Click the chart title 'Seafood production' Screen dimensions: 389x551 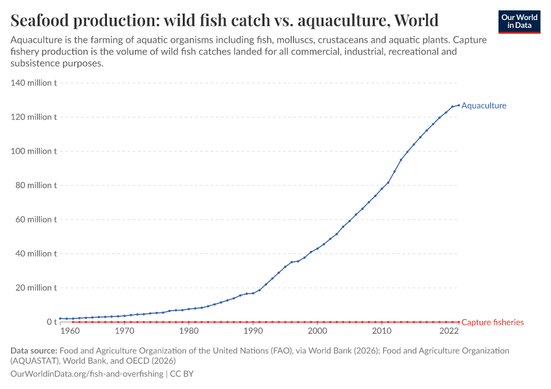[224, 20]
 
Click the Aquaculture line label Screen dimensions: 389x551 [484, 106]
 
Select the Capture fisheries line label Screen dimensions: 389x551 [492, 322]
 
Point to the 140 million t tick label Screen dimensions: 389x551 [34, 83]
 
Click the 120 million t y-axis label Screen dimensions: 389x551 [34, 117]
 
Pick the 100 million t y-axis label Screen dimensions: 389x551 [34, 151]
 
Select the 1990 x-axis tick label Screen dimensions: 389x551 [253, 332]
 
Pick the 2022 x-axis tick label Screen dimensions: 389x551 [449, 332]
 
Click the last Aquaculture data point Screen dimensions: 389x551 [458, 105]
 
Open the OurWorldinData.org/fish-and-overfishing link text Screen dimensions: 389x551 [87, 374]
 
